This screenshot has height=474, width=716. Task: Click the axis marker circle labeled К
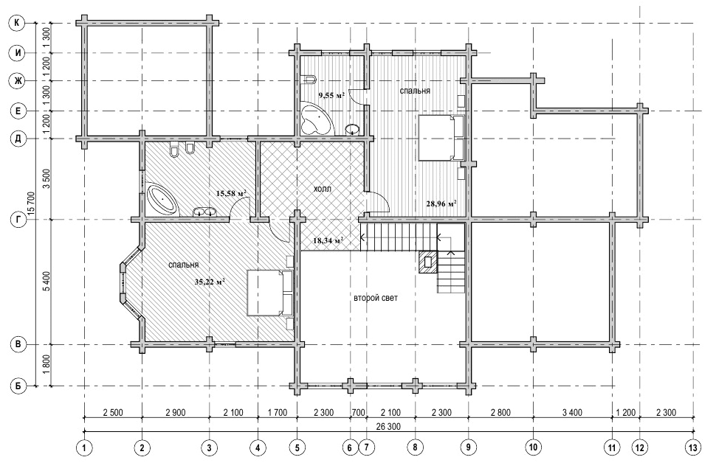pos(18,24)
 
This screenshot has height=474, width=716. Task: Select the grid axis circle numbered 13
pos(693,447)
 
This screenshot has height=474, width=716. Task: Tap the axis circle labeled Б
pos(18,386)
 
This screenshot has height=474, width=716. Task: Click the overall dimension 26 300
pos(388,427)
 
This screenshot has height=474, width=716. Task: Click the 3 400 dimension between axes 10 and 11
pos(572,412)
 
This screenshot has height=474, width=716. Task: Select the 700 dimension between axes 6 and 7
pos(359,412)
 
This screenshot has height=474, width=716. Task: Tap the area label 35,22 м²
pos(210,282)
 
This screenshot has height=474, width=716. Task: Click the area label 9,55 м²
pos(331,95)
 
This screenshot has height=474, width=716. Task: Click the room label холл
pos(323,189)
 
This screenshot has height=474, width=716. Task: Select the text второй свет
pos(376,298)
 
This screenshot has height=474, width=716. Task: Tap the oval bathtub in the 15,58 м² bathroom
pos(162,200)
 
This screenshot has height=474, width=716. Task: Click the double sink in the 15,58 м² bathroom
pos(204,212)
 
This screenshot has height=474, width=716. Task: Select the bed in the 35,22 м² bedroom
pos(270,293)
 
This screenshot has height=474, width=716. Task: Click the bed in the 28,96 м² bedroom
pos(441,137)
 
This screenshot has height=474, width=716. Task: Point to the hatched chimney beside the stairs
pos(428,262)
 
